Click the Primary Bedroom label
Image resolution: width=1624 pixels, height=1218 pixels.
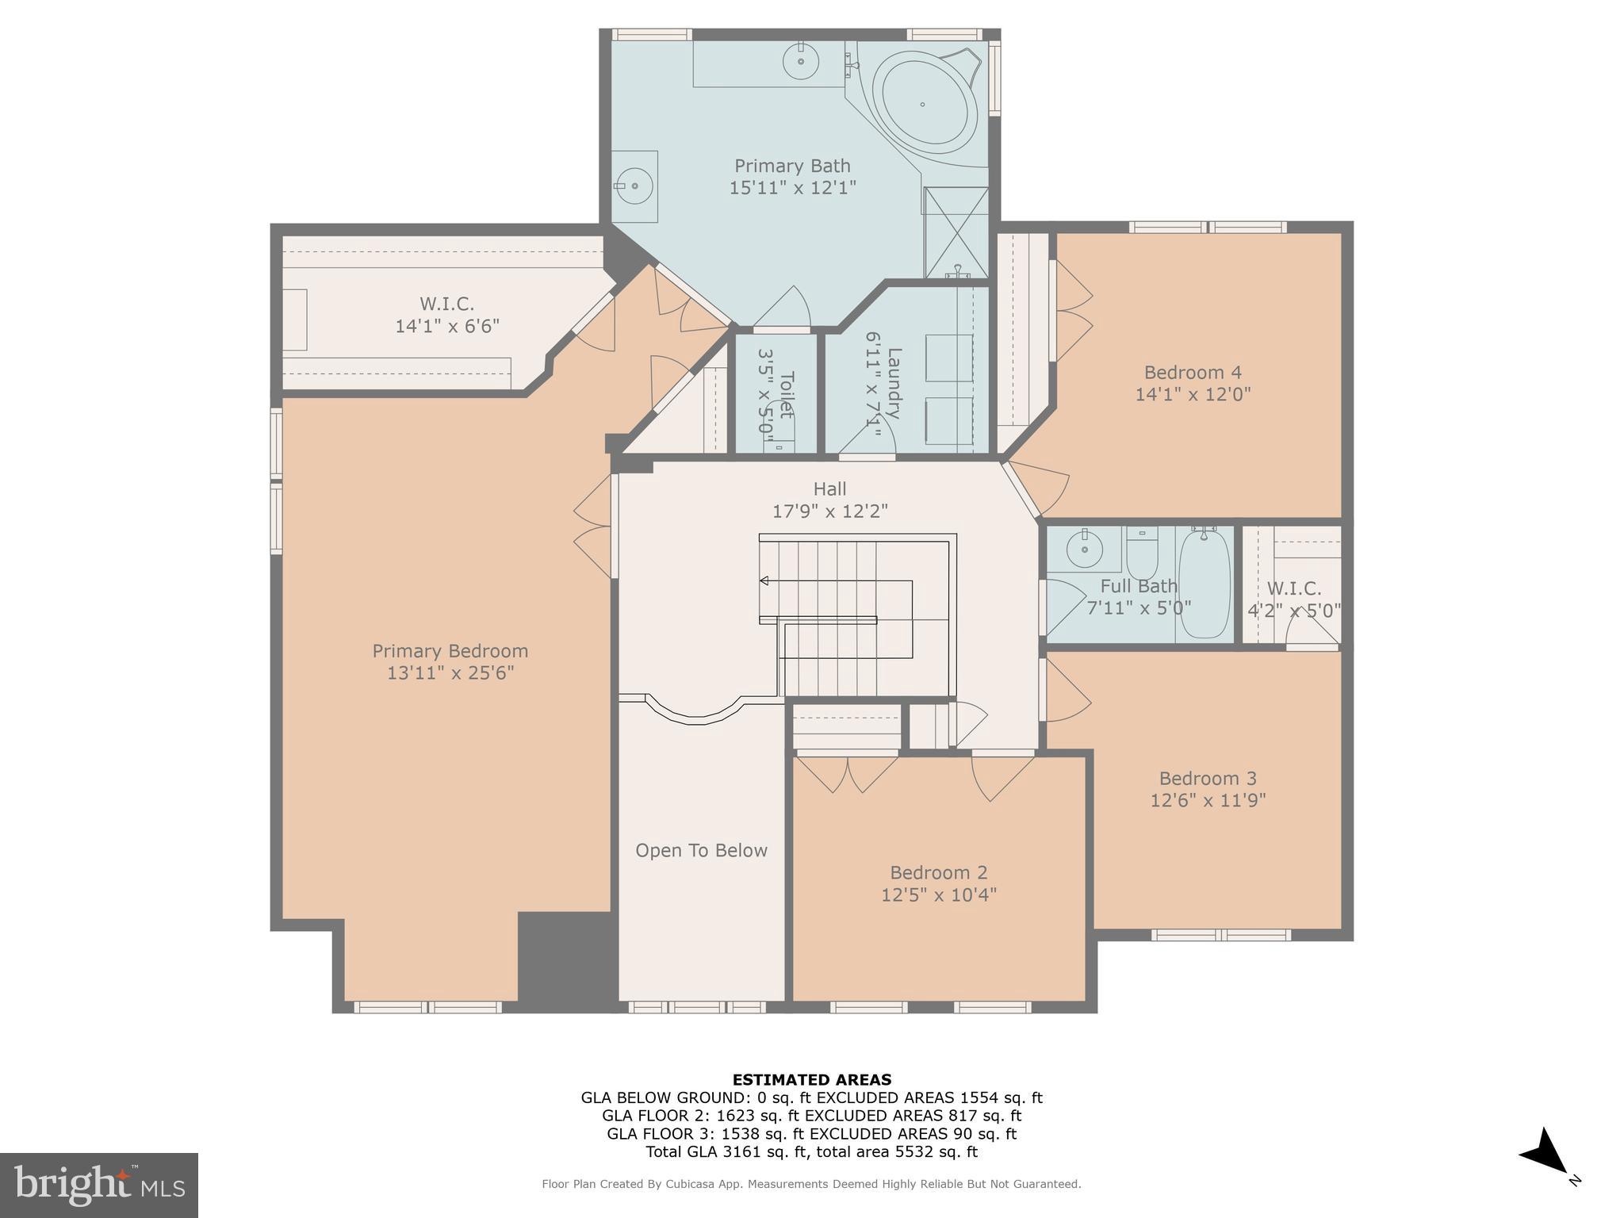point(450,651)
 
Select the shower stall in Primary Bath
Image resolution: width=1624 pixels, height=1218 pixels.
point(956,232)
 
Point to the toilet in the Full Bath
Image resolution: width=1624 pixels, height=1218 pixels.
point(1142,553)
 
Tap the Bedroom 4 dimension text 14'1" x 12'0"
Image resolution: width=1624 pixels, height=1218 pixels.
point(1193,394)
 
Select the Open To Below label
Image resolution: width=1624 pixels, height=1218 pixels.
point(701,851)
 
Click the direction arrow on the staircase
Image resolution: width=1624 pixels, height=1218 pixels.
point(764,581)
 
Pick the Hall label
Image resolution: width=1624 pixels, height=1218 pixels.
point(829,489)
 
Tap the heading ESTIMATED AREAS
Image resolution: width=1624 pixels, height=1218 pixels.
point(811,1079)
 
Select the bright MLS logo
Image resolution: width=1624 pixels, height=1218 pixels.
point(99,1185)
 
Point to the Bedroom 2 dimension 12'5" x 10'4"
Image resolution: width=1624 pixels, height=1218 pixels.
point(938,894)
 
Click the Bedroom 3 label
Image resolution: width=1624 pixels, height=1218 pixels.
point(1208,778)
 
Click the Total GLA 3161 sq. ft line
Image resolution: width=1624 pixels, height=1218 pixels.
point(811,1152)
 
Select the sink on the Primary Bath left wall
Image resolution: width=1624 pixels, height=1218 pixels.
point(634,186)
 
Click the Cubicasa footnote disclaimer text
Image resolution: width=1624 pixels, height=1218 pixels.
point(811,1184)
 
